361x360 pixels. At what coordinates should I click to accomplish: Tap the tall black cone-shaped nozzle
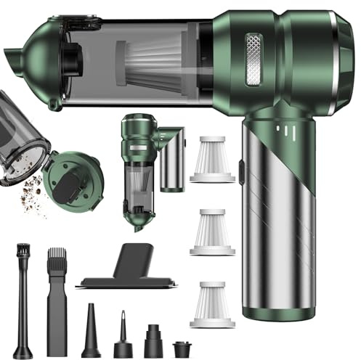[91, 331]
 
